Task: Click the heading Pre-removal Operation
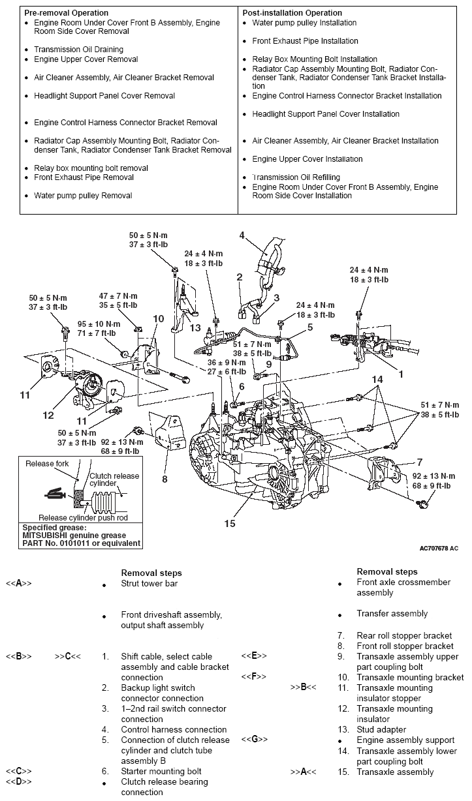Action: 67,13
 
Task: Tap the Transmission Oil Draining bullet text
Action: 78,50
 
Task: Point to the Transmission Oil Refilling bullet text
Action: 296,177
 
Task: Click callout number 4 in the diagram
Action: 242,235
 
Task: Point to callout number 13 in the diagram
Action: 196,328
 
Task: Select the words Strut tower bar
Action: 149,584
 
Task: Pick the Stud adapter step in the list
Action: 381,729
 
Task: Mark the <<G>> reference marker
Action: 254,740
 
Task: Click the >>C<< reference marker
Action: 68,656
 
